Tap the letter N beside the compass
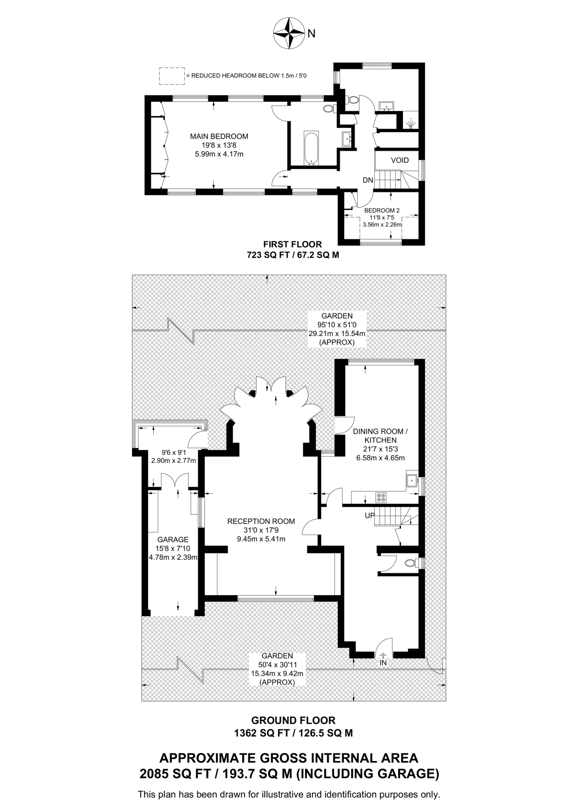point(311,34)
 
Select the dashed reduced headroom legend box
point(172,76)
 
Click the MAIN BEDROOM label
point(219,136)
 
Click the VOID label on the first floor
point(400,160)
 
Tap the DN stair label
point(368,180)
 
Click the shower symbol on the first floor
point(410,124)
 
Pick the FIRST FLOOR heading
point(292,244)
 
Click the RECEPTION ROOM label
point(261,521)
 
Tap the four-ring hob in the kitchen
point(381,497)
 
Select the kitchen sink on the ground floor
point(412,481)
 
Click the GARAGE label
point(173,540)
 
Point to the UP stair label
point(370,515)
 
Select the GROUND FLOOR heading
point(293,720)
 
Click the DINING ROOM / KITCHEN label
point(380,436)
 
